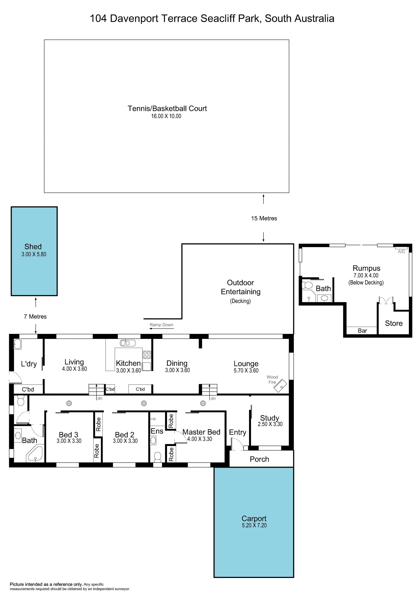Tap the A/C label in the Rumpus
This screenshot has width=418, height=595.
pyautogui.click(x=401, y=252)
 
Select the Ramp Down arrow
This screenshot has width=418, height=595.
pyautogui.click(x=161, y=329)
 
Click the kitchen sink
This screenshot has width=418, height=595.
pyautogui.click(x=128, y=343)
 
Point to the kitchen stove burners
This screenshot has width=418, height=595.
pyautogui.click(x=147, y=355)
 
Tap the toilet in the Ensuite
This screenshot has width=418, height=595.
pyautogui.click(x=157, y=457)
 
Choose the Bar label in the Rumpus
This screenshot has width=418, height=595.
pyautogui.click(x=362, y=331)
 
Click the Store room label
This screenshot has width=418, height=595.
pyautogui.click(x=394, y=323)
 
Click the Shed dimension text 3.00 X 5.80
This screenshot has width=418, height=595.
pyautogui.click(x=34, y=254)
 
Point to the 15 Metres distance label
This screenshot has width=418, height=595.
pyautogui.click(x=264, y=218)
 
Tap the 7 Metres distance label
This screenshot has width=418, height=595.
pyautogui.click(x=35, y=316)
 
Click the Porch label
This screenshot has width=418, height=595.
pyautogui.click(x=259, y=459)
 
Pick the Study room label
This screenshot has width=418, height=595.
pyautogui.click(x=270, y=418)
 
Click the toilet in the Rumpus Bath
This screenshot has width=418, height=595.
pyautogui.click(x=307, y=285)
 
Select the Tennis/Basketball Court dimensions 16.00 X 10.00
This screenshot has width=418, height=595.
pyautogui.click(x=166, y=116)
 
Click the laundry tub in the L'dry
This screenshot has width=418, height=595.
pyautogui.click(x=18, y=344)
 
